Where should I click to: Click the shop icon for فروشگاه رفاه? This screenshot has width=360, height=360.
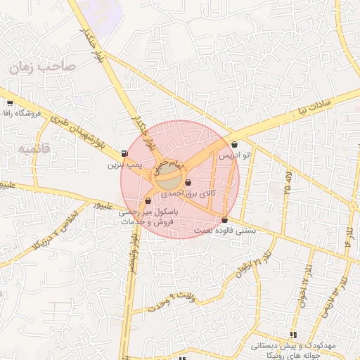[10, 104]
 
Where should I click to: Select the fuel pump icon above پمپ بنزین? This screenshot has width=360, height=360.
[125, 154]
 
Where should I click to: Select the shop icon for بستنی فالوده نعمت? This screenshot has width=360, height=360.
[224, 219]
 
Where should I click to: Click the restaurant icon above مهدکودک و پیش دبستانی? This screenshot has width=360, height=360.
[293, 335]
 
